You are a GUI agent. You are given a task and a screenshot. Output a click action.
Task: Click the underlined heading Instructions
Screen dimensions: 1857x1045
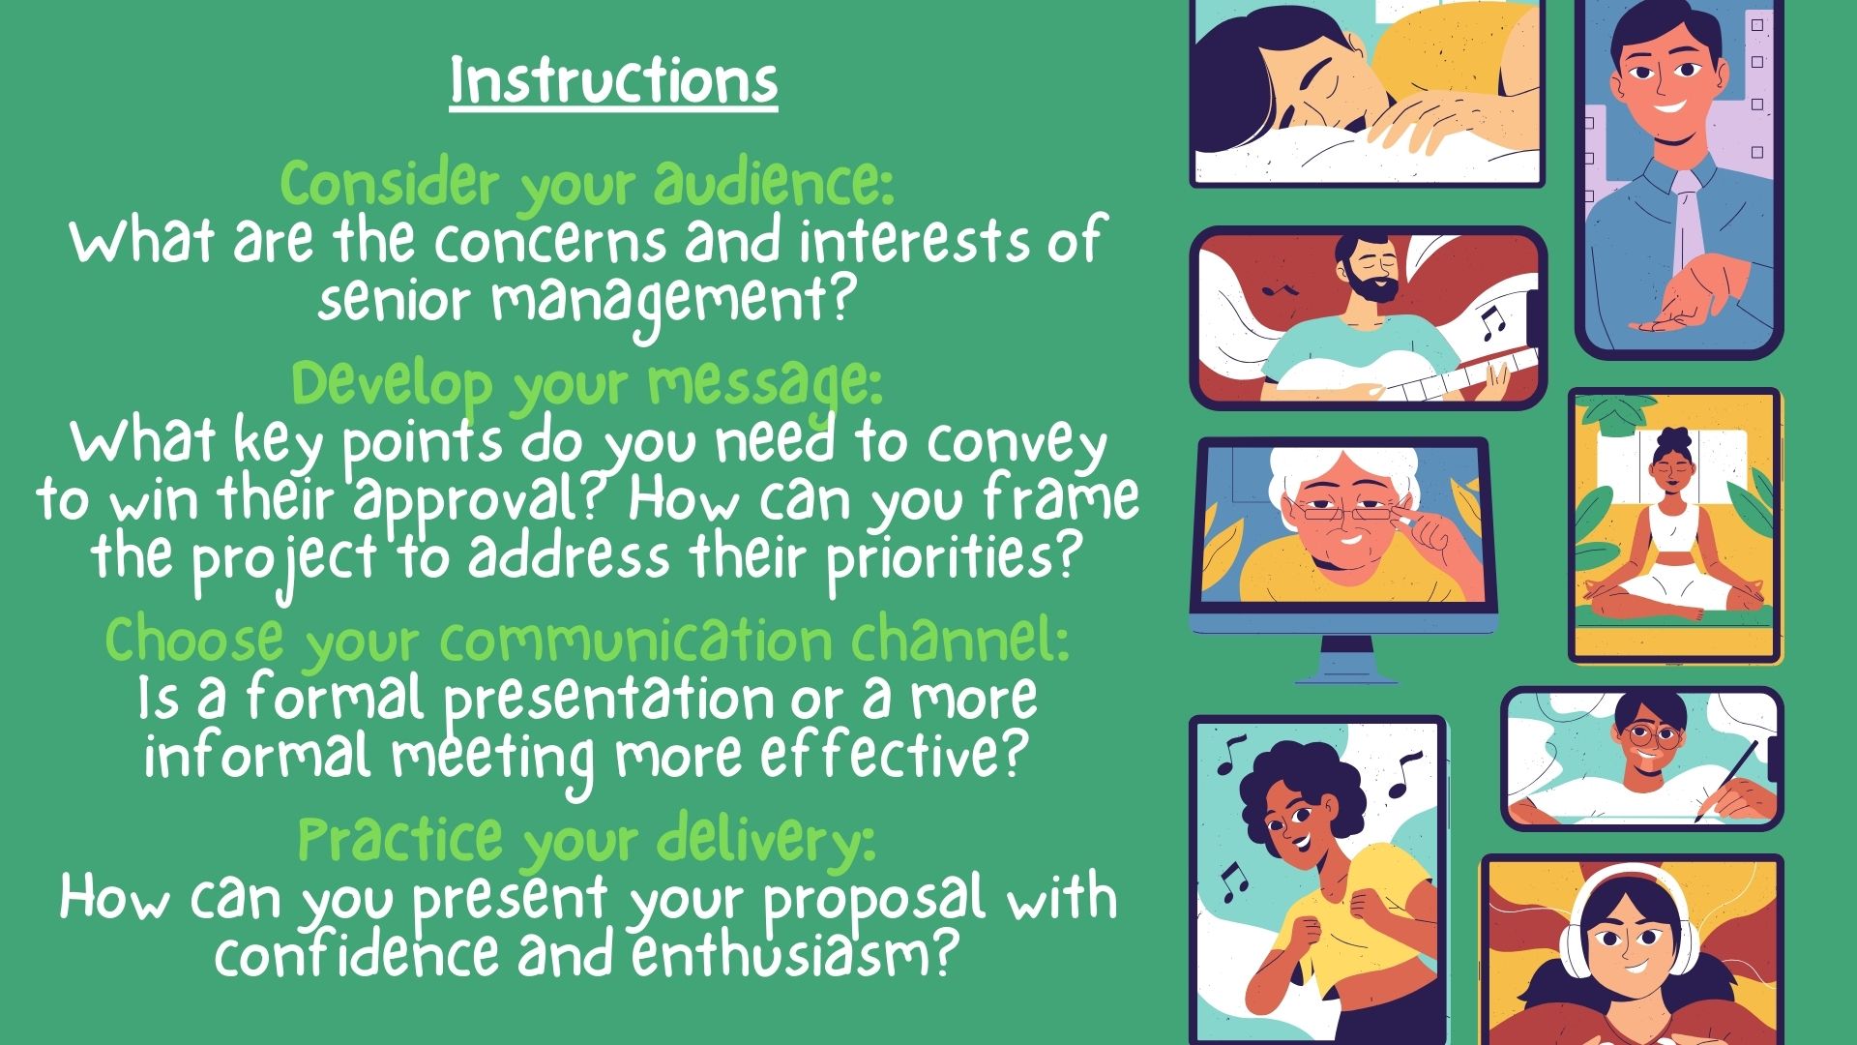click(614, 81)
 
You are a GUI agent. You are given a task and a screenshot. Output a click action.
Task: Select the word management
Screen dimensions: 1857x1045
click(674, 303)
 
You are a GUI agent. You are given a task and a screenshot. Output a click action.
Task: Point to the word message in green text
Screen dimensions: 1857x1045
click(765, 385)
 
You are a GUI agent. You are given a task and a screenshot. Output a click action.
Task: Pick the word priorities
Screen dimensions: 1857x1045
click(952, 559)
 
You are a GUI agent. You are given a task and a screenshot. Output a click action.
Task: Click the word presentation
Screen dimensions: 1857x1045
click(609, 699)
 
